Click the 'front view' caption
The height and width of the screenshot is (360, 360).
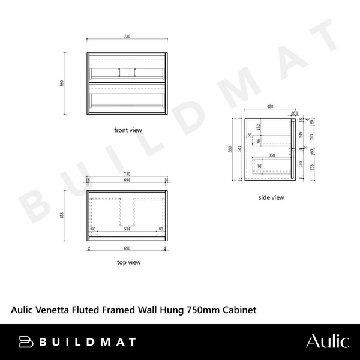click(x=128, y=130)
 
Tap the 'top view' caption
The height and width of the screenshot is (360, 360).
click(x=128, y=262)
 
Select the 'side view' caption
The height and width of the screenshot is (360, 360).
click(x=271, y=197)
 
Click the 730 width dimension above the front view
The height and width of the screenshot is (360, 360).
click(x=127, y=37)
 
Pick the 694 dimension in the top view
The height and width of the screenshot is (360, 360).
click(x=127, y=181)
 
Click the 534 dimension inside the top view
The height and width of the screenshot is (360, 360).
click(x=127, y=229)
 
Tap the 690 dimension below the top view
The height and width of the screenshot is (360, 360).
click(x=127, y=247)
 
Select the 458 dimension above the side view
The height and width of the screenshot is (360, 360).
click(x=271, y=107)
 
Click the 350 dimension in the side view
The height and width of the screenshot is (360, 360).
click(x=272, y=155)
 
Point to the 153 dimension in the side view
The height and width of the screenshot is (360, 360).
click(x=259, y=127)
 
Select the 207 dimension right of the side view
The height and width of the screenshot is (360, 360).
click(x=310, y=137)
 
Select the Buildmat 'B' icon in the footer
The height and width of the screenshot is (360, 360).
click(x=27, y=342)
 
